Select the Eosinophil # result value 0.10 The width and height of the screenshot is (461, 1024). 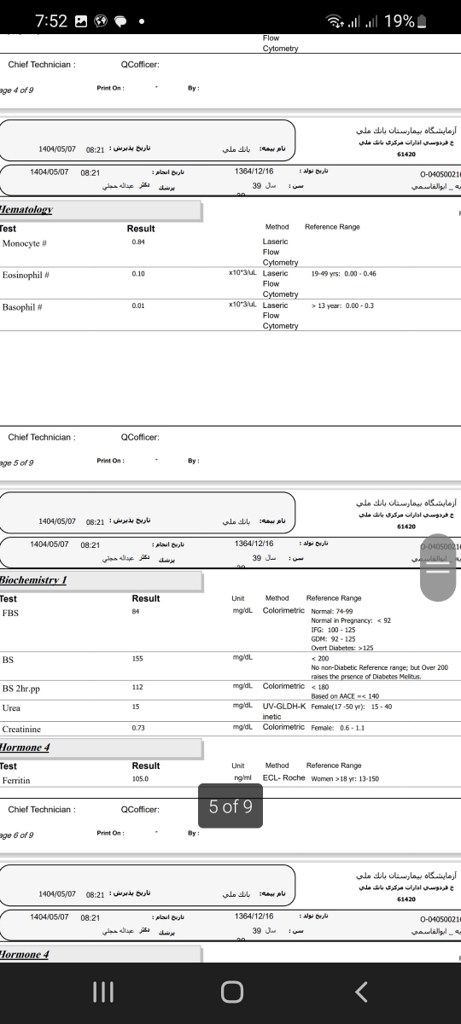(x=138, y=275)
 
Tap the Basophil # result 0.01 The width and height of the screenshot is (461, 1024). (x=138, y=305)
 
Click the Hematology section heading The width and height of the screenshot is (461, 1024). (x=26, y=210)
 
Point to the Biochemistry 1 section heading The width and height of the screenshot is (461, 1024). (x=33, y=580)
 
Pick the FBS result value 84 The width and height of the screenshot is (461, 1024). (x=136, y=612)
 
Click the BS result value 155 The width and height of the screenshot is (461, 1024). (x=137, y=659)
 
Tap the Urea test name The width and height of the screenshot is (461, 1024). (x=12, y=708)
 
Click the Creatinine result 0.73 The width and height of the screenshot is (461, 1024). (x=138, y=729)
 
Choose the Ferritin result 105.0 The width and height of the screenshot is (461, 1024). (x=140, y=779)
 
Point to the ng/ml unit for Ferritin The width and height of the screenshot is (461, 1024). (x=242, y=778)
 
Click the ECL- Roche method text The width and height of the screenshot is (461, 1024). (x=284, y=778)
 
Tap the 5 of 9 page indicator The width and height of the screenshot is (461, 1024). (x=230, y=806)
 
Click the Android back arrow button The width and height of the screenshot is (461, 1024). (x=361, y=992)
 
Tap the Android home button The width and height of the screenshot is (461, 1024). (x=231, y=992)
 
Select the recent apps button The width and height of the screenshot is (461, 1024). (x=102, y=992)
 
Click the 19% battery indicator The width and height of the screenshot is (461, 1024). (x=406, y=21)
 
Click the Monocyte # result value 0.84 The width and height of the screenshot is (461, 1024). (x=138, y=243)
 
